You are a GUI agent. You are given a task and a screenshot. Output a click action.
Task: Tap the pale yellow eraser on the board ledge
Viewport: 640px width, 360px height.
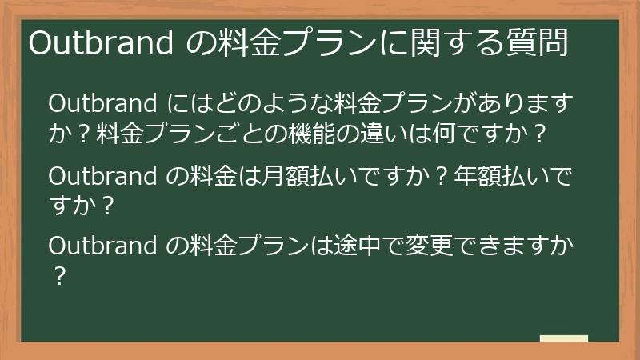tap(563, 338)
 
